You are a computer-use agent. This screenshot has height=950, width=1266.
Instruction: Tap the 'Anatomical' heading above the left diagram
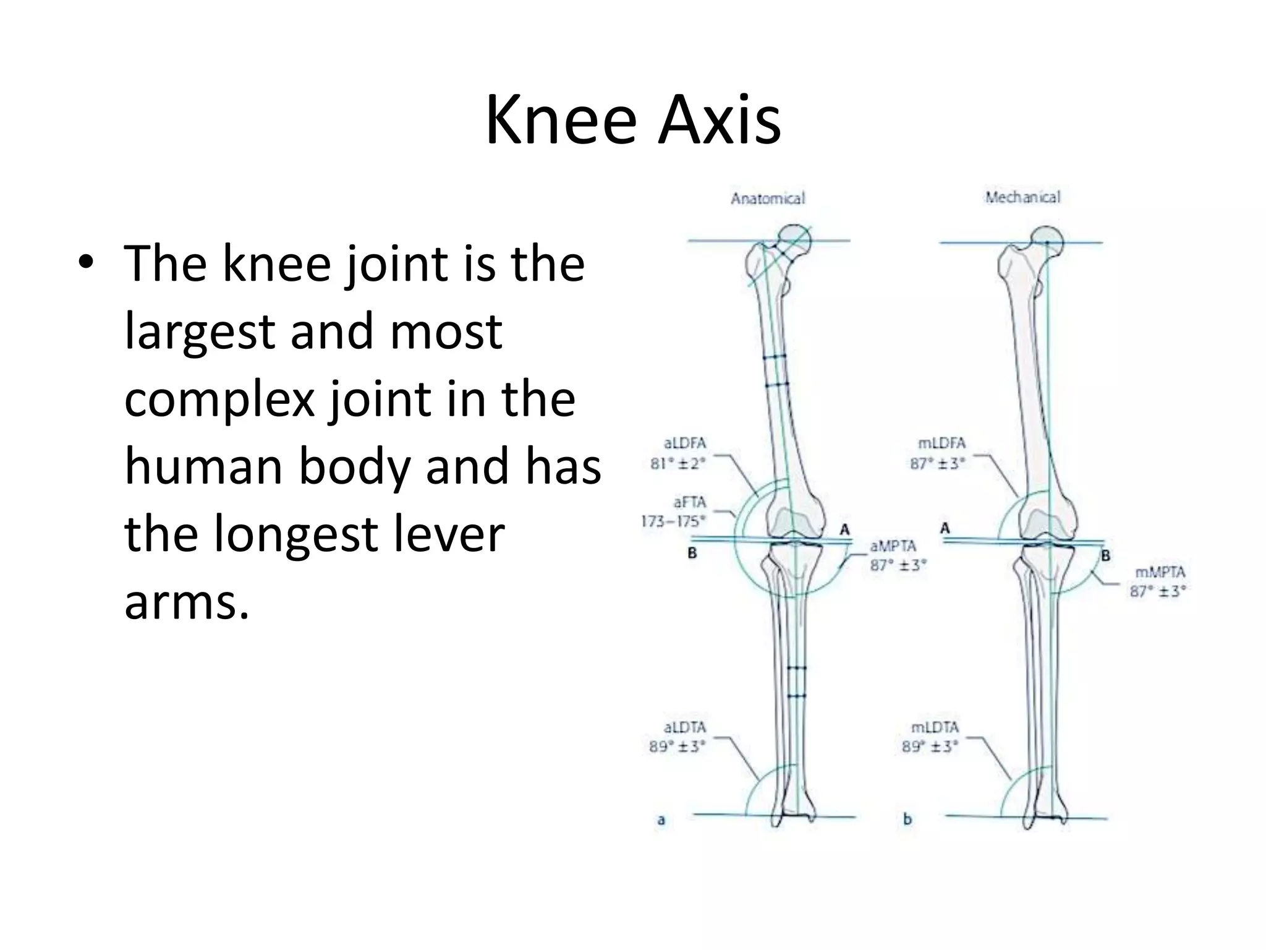click(768, 199)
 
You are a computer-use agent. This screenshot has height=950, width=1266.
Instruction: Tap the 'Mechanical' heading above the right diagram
click(1022, 197)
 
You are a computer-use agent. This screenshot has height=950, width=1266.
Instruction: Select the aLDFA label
click(685, 443)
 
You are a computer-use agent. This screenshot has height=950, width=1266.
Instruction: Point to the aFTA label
click(689, 502)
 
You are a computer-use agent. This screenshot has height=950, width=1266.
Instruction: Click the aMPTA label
click(893, 546)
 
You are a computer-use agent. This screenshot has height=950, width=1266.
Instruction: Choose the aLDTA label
click(684, 727)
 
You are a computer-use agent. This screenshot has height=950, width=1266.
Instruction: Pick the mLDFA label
click(942, 443)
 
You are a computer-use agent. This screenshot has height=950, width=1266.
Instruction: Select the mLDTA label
click(935, 727)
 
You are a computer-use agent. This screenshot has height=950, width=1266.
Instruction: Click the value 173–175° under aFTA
click(673, 521)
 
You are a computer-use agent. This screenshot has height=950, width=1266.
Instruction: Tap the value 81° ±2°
click(678, 463)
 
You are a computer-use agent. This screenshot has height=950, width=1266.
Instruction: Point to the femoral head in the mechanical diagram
click(1047, 240)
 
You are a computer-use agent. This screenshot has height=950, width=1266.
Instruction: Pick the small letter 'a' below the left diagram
click(661, 820)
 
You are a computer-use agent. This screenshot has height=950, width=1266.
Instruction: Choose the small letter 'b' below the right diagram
click(907, 819)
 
